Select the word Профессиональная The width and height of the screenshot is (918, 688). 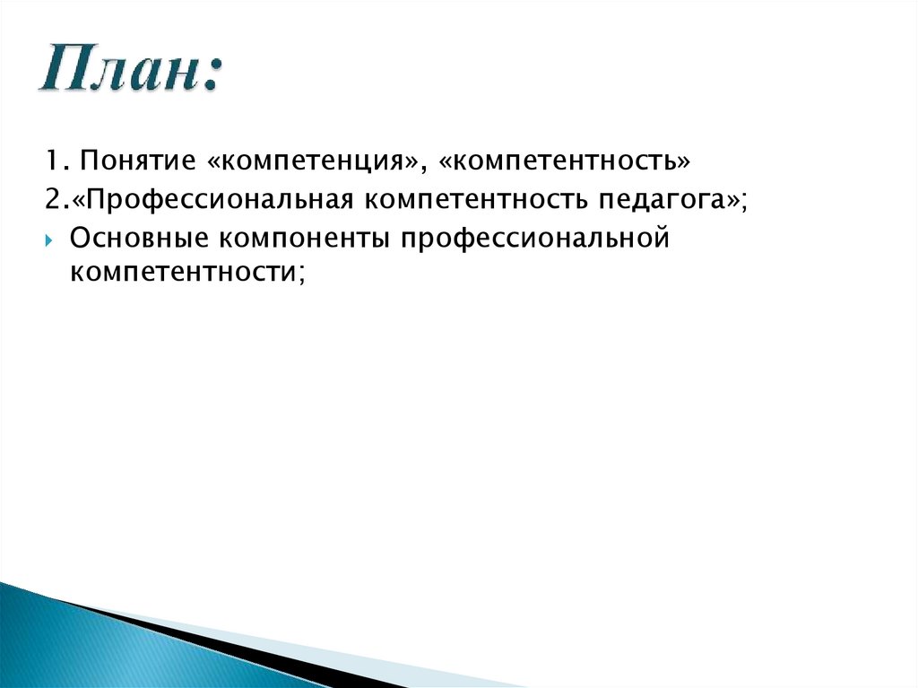click(x=220, y=200)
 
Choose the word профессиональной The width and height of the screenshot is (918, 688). click(x=536, y=240)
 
